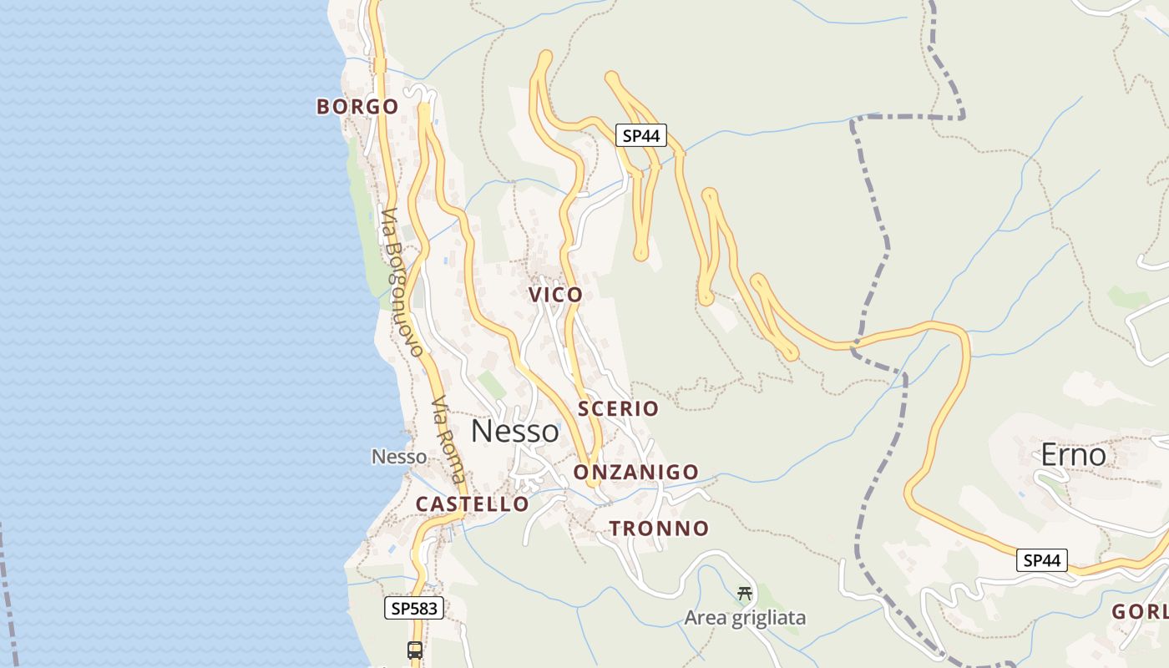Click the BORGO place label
click(x=357, y=107)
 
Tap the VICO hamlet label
click(x=555, y=295)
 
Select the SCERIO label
click(x=618, y=408)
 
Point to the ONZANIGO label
click(x=635, y=473)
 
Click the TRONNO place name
click(x=659, y=529)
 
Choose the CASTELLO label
click(x=473, y=504)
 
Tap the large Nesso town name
click(x=515, y=431)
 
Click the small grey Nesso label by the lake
click(x=399, y=457)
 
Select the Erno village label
click(x=1073, y=455)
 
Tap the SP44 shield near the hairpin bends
click(x=641, y=135)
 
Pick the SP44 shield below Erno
click(x=1042, y=560)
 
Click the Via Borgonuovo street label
click(x=402, y=282)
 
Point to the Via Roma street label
click(x=448, y=440)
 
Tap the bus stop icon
click(x=415, y=650)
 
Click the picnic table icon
click(x=745, y=594)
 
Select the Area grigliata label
click(x=745, y=618)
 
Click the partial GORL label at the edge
click(x=1140, y=612)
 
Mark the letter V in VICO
click(x=535, y=295)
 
